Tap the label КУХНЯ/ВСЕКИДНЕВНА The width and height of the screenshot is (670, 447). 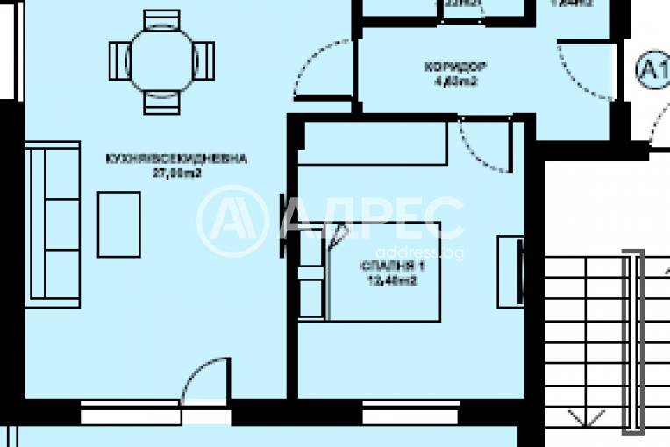coord(175,160)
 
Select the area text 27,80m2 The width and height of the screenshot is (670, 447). coord(175,173)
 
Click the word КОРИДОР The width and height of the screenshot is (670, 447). coord(455,67)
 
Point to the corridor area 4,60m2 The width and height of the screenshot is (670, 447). coord(455,82)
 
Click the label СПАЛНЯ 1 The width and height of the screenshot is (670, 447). coord(387,266)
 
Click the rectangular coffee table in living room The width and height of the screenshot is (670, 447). coord(118,224)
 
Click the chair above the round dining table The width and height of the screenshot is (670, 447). coord(161,18)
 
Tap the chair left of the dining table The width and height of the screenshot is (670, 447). coord(119,60)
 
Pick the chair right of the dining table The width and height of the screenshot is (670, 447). coord(203,60)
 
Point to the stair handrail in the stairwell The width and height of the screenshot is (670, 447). coord(633,342)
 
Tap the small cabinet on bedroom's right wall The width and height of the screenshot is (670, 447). coord(510,271)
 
